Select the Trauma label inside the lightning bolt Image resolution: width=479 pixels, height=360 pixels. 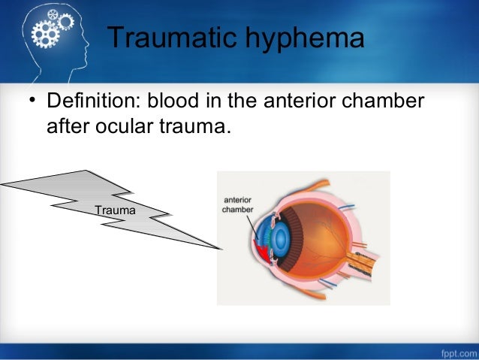coord(115,210)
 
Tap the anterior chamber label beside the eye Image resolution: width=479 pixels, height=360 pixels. coord(238,204)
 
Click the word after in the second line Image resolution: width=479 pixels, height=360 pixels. coord(68,126)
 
